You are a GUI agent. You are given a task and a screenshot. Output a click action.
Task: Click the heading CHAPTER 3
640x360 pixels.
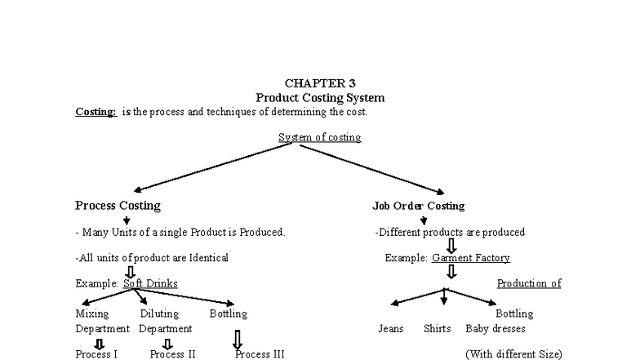(x=320, y=83)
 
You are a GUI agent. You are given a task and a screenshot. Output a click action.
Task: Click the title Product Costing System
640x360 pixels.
(x=320, y=97)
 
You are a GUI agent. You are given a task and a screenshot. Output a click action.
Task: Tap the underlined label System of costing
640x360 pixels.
(x=319, y=137)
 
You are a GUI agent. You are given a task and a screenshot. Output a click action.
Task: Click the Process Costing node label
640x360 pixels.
(x=118, y=206)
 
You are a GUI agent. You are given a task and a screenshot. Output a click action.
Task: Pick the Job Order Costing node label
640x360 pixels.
(x=419, y=206)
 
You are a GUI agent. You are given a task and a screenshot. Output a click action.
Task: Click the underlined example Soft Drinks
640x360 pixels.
(x=150, y=283)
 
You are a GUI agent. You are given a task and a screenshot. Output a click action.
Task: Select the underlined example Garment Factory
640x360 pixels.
(x=471, y=258)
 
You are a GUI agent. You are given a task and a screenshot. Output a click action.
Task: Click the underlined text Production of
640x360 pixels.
(x=529, y=283)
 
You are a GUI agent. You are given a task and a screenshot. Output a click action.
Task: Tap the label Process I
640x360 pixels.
(x=96, y=354)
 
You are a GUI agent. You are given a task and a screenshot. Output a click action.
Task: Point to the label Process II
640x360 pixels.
(x=172, y=354)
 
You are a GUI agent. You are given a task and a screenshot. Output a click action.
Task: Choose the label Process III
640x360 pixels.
(x=260, y=354)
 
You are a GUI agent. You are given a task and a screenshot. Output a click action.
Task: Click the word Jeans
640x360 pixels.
(x=391, y=329)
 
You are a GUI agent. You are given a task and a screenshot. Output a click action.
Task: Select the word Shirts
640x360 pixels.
(x=437, y=329)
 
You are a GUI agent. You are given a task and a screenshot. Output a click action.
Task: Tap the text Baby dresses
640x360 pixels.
(x=496, y=329)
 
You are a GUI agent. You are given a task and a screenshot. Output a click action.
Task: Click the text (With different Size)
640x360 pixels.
(x=513, y=354)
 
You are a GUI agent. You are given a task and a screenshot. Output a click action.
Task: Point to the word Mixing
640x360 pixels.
(x=91, y=313)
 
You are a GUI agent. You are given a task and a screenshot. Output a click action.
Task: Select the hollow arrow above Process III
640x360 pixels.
(x=238, y=339)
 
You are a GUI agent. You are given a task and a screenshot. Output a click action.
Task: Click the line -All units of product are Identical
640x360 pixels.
(x=152, y=258)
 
